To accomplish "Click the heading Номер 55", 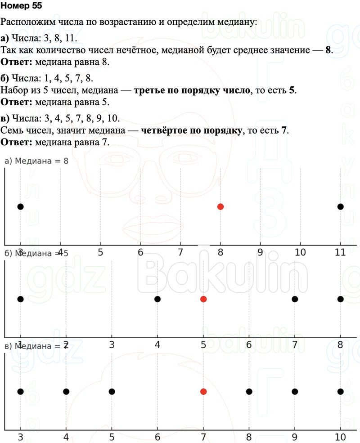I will tap(20, 6).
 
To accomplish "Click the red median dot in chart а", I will tap(220, 206).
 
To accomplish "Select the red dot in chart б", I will tap(203, 299).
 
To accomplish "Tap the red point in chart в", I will tap(203, 392).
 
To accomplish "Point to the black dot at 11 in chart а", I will tap(340, 206).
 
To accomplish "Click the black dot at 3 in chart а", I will tap(20, 206).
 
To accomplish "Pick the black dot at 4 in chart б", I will tap(157, 299).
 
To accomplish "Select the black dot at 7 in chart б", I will tap(295, 299).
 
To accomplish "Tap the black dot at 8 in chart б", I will tap(340, 299).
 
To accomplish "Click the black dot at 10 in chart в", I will tap(340, 392).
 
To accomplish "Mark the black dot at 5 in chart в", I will tap(112, 392).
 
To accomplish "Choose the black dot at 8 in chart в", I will tap(249, 392).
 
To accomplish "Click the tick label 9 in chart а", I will tap(260, 252).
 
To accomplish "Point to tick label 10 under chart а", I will tap(300, 252).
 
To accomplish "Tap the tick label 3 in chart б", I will tap(112, 345).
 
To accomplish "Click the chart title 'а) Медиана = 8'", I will tap(36, 161).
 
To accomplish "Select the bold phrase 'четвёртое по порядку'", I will tap(192, 130).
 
